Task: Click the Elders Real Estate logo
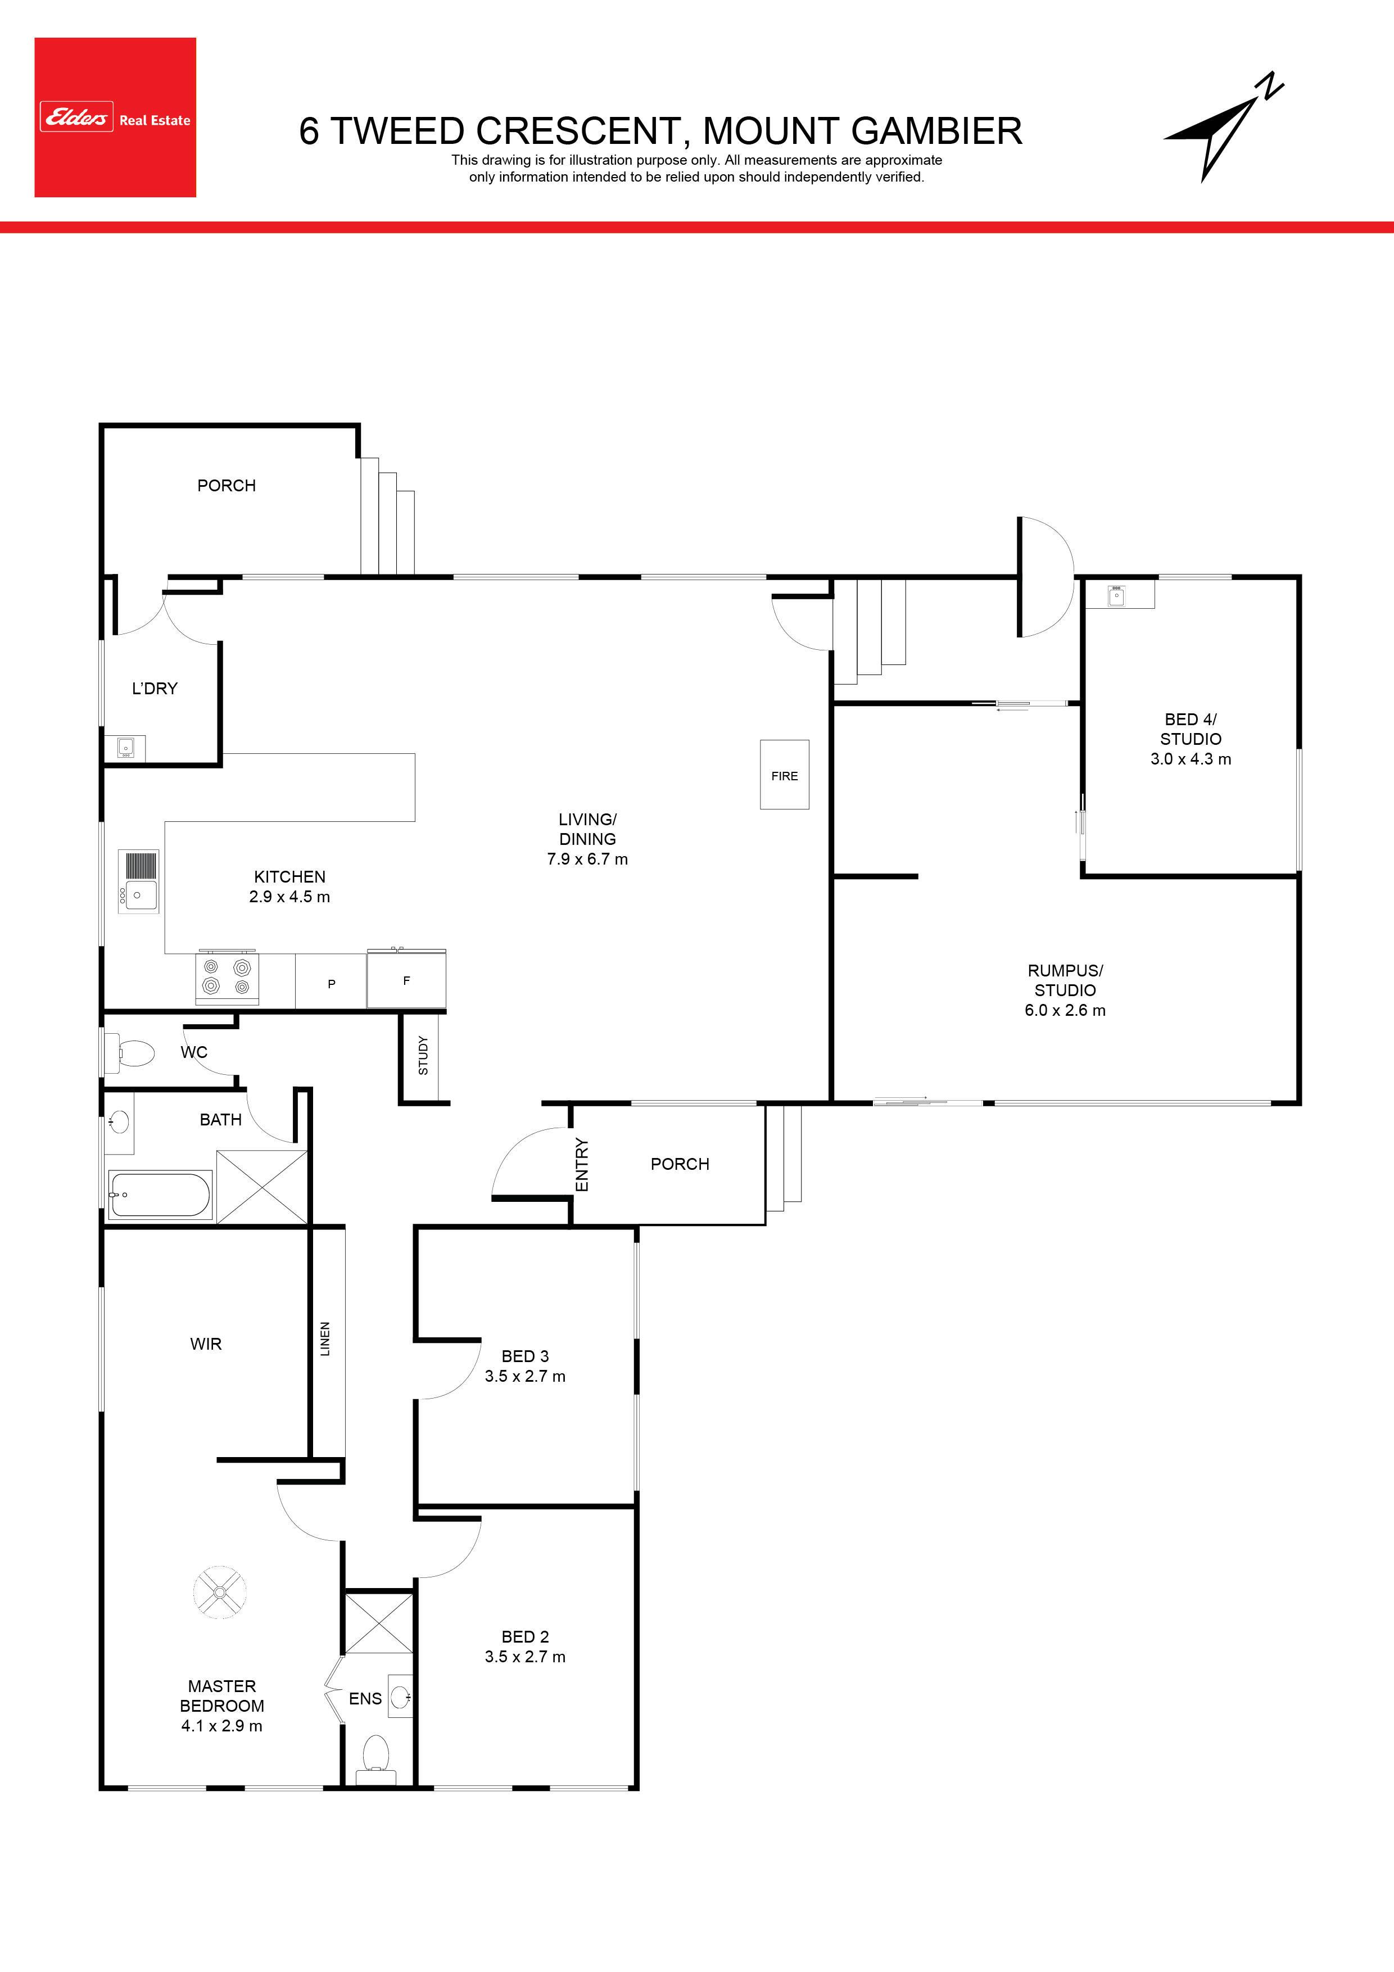[115, 117]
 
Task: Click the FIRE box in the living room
[784, 775]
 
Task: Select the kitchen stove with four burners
[228, 978]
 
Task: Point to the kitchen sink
[138, 882]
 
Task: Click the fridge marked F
[406, 978]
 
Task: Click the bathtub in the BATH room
[161, 1195]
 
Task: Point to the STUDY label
[423, 1056]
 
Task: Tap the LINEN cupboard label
[325, 1339]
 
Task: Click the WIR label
[206, 1344]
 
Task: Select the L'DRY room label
[155, 688]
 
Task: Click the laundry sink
[125, 748]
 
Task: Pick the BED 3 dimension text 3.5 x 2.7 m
[525, 1376]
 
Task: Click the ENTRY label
[581, 1165]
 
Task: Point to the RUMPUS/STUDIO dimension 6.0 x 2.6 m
[1065, 1010]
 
